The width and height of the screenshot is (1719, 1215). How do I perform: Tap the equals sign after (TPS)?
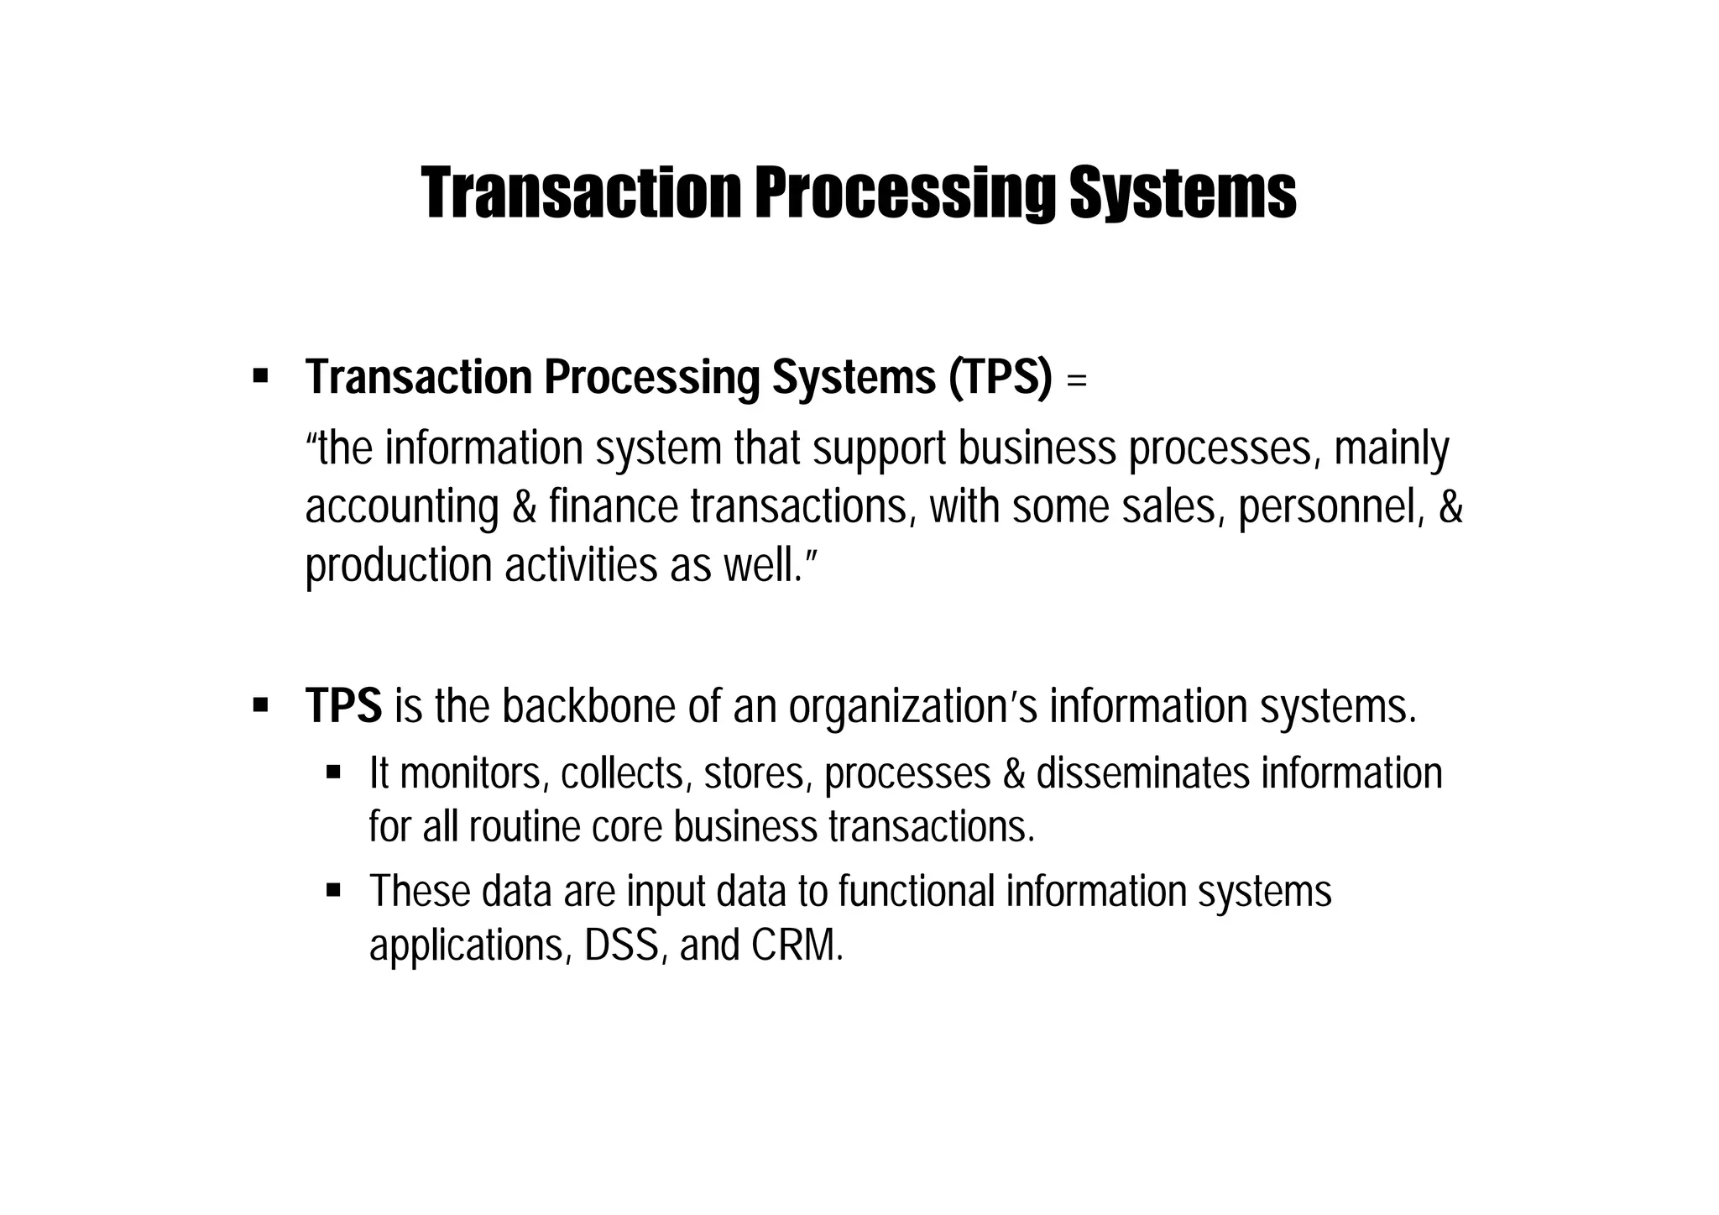coord(1075,380)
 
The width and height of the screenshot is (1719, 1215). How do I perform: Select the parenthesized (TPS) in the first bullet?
coord(1000,378)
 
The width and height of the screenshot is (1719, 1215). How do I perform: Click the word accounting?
coord(402,508)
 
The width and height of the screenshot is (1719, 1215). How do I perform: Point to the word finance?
coord(613,506)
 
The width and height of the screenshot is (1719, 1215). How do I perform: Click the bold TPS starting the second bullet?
coord(344,705)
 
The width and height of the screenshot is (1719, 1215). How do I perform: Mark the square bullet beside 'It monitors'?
coord(333,771)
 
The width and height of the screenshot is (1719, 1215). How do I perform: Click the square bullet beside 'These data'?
coord(333,889)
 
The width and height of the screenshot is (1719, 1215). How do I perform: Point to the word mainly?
coord(1391,449)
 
